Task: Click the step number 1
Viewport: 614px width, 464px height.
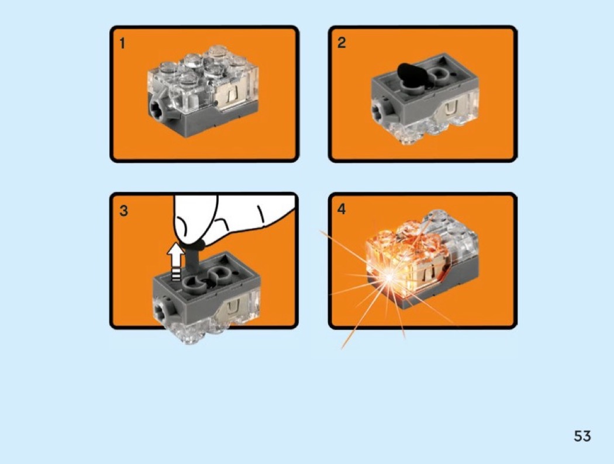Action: coord(123,43)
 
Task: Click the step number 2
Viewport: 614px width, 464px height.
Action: coord(342,43)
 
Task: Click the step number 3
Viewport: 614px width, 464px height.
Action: coord(124,211)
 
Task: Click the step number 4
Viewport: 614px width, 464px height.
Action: coord(342,209)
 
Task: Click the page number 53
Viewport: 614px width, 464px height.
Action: coord(582,436)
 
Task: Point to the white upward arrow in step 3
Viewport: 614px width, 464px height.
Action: coord(176,262)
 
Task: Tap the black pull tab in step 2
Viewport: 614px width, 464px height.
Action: coord(411,74)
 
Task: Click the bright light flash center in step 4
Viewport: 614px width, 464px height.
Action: coord(389,277)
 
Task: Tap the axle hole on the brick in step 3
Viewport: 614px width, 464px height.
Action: coord(161,312)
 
